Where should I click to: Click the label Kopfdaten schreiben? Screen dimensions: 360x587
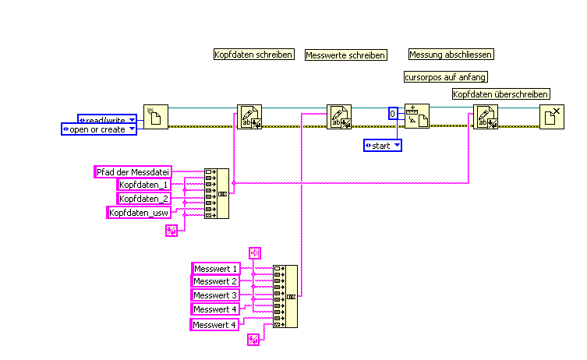coord(253,55)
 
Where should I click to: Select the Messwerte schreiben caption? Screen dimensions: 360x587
coord(345,55)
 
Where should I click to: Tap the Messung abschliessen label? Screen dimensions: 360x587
coord(451,55)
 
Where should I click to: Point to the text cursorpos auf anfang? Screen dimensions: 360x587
coord(446,76)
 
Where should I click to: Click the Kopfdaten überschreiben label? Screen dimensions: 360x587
coord(500,94)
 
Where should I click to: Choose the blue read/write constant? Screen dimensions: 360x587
coord(108,119)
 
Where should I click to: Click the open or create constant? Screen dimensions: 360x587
coord(99,129)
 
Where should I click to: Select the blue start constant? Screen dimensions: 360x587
coord(383,145)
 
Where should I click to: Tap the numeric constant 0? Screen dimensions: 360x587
coord(393,114)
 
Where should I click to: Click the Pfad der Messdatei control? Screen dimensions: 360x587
coord(132,171)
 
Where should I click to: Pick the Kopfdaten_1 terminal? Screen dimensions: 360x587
coord(143,185)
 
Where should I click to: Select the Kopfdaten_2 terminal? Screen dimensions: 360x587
coord(143,198)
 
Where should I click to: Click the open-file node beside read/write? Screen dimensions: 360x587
coord(156,117)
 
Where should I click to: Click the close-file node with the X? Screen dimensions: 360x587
coord(552,117)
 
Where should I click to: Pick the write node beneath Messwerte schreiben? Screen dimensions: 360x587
coord(339,117)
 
